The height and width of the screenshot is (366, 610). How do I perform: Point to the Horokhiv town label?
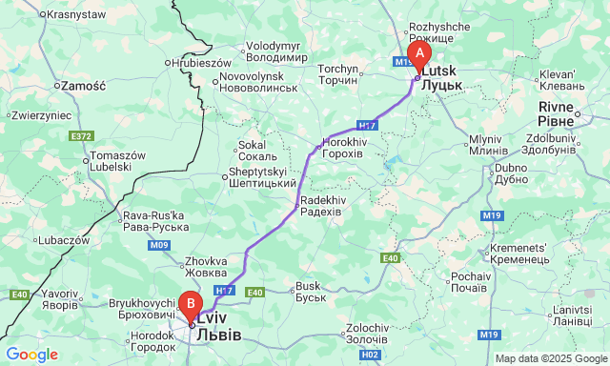[344, 147]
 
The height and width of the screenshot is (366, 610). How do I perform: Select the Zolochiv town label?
[366, 334]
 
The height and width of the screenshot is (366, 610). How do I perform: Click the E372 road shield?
[81, 136]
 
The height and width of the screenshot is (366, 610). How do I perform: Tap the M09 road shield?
[159, 246]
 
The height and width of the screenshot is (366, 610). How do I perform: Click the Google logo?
[31, 355]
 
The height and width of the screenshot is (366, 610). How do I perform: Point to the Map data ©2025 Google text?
[550, 358]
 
